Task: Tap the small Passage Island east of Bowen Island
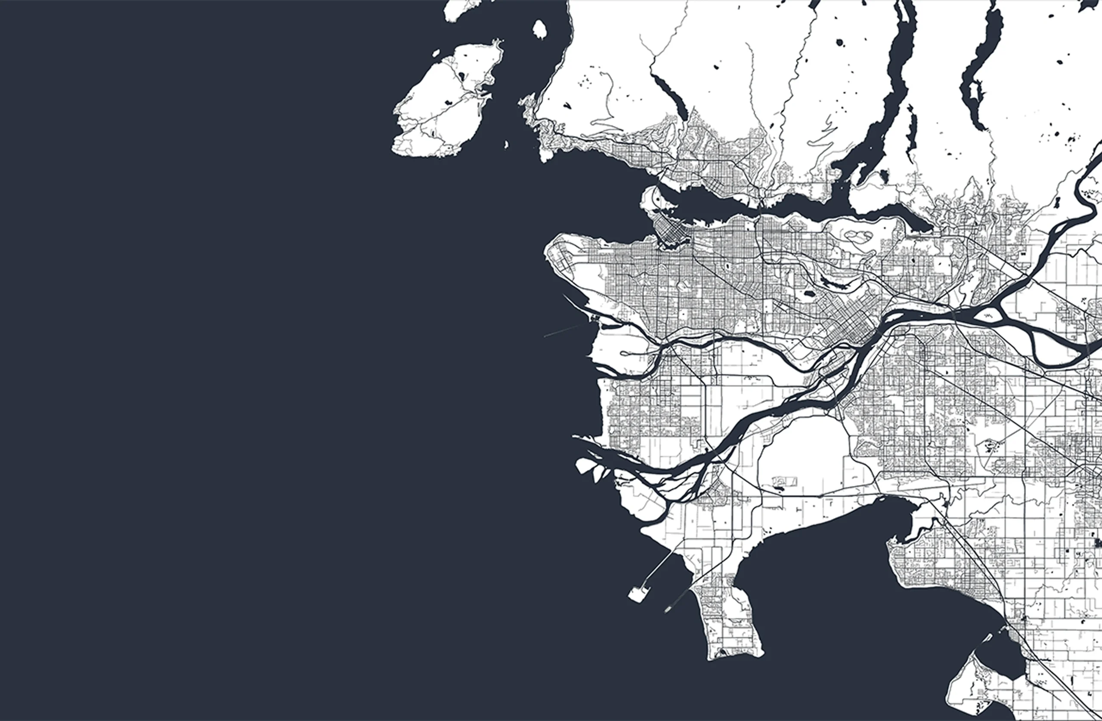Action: (x=540, y=29)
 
